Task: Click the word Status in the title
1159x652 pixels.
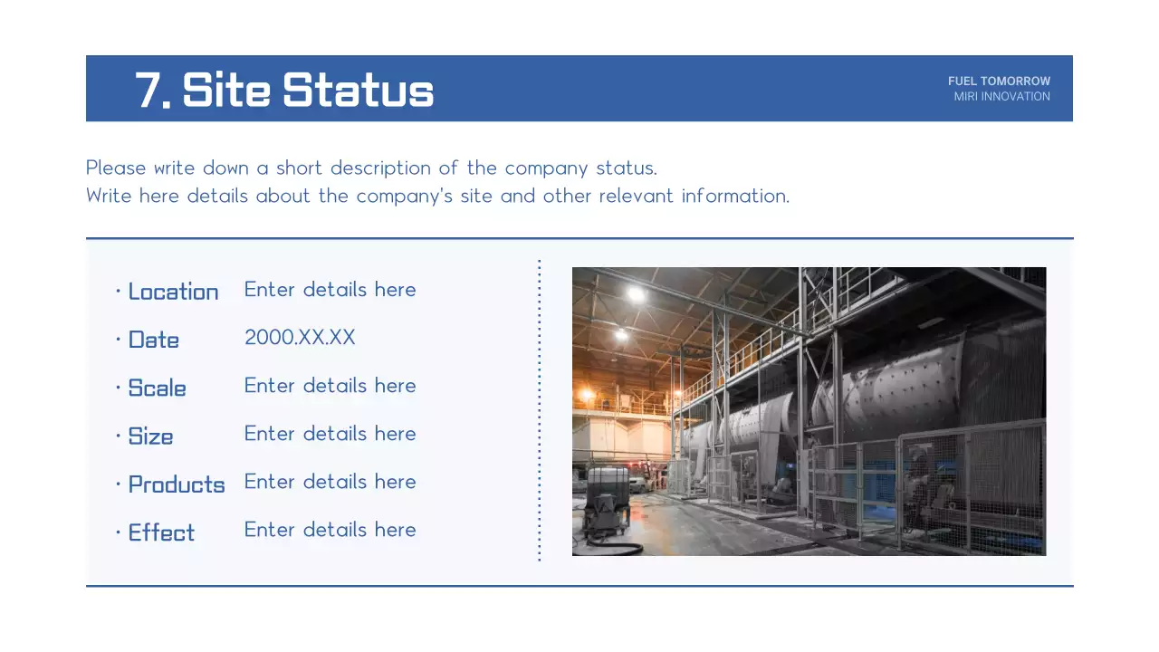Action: (x=358, y=90)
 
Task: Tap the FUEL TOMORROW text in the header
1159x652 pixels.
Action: (x=999, y=81)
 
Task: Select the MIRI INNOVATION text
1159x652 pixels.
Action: (x=1001, y=97)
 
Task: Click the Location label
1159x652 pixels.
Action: (x=173, y=292)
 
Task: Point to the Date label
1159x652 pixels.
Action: (x=153, y=340)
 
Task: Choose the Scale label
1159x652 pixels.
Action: (x=157, y=388)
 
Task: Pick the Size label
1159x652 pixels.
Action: (x=150, y=436)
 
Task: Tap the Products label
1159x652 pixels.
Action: (x=176, y=484)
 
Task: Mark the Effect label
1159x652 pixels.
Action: (x=161, y=532)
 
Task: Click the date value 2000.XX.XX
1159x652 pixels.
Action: (x=300, y=338)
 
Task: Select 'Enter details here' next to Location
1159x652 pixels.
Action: (x=330, y=290)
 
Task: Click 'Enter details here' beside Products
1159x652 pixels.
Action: (x=330, y=482)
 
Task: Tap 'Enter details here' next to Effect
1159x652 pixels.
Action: (x=330, y=530)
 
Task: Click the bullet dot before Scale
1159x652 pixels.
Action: (x=119, y=388)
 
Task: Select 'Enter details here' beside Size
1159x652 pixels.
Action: (x=330, y=434)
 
